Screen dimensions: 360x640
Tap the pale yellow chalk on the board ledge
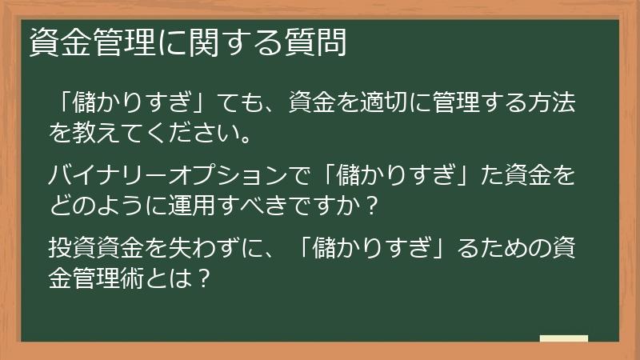pyautogui.click(x=563, y=338)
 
